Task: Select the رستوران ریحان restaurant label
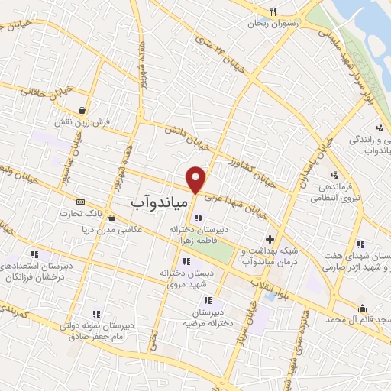pos(270,24)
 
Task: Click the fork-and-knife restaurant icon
pos(272,11)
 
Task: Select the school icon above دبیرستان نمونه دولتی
pos(96,313)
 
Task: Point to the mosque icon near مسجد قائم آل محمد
pos(363,309)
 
